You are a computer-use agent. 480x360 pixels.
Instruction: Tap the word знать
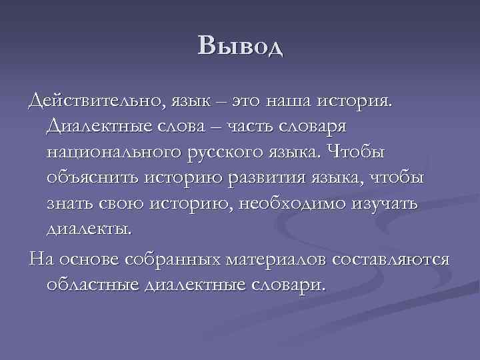coord(71,203)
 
